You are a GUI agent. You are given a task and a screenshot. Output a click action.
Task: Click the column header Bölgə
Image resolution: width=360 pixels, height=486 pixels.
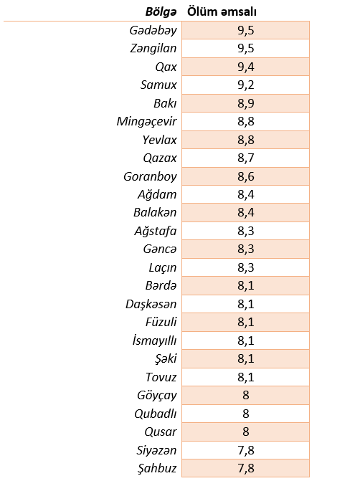click(161, 11)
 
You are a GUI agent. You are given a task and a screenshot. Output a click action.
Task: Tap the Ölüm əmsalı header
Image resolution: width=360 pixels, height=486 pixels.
click(222, 11)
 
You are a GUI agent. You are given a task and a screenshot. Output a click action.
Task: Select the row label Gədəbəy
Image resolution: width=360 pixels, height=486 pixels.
click(153, 30)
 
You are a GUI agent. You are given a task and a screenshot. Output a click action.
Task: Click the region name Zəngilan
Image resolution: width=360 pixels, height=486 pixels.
click(153, 48)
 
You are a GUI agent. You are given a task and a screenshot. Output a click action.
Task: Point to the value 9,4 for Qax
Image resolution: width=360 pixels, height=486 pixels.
click(245, 67)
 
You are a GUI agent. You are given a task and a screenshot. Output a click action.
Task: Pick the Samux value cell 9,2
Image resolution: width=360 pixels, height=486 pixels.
click(245, 85)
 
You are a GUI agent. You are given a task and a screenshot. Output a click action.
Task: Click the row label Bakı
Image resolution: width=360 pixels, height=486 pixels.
click(165, 103)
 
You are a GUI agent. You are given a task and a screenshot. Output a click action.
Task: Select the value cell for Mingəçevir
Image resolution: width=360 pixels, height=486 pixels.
click(245, 121)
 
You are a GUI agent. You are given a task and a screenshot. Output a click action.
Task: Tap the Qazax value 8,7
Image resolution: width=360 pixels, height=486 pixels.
click(245, 158)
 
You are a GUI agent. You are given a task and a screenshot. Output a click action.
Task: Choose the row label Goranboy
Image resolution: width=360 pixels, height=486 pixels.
click(150, 176)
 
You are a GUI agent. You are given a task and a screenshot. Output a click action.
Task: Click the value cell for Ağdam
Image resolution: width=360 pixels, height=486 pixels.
click(245, 194)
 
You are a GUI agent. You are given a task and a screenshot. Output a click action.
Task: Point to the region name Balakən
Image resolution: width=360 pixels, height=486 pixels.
click(155, 213)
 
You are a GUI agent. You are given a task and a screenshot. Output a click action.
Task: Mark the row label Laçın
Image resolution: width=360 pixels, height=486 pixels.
click(163, 267)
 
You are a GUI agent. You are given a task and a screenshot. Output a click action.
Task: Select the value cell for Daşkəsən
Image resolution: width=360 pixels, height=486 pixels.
click(245, 304)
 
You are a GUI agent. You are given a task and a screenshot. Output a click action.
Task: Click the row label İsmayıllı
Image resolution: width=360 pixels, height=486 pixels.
click(154, 340)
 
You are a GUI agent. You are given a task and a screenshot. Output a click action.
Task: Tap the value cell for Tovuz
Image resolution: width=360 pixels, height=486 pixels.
click(245, 377)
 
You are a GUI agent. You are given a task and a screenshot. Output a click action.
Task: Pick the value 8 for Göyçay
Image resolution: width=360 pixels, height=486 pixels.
click(245, 395)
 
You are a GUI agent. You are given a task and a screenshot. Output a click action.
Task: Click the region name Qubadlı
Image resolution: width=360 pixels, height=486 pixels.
click(156, 414)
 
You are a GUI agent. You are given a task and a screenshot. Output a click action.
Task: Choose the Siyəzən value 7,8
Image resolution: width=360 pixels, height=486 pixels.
click(245, 450)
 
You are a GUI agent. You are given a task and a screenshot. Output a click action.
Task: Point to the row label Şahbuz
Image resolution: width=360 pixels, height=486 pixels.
click(157, 468)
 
